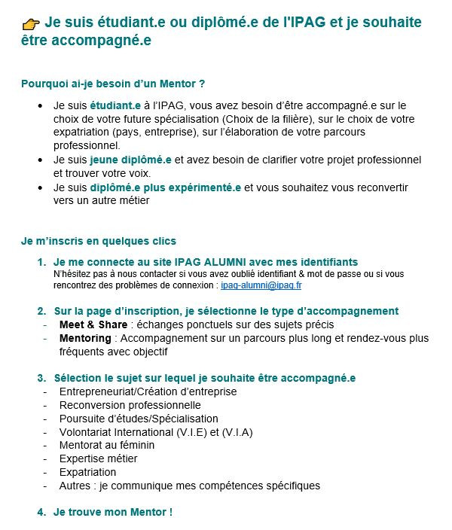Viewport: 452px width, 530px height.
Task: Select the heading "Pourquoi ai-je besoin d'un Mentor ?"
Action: click(x=113, y=83)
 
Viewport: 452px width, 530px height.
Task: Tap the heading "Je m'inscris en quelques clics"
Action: click(x=99, y=241)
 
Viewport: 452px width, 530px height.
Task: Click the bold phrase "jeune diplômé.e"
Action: click(x=131, y=160)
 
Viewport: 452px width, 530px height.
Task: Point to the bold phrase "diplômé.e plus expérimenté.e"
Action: click(x=166, y=187)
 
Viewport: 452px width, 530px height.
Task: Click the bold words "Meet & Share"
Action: click(x=93, y=324)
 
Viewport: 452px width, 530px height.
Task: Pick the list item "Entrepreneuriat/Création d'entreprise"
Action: click(x=148, y=391)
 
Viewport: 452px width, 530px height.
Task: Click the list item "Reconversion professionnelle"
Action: click(x=130, y=405)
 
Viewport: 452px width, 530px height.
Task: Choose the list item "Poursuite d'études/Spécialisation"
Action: click(x=139, y=419)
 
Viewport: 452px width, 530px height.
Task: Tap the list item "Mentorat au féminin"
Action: click(x=107, y=445)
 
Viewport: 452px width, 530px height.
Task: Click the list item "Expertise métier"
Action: click(x=99, y=458)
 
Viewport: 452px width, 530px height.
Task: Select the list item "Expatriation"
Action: click(x=87, y=472)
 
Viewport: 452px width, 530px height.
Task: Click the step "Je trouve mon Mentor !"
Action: click(x=113, y=512)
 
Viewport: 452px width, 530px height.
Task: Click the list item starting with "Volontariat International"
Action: click(x=155, y=432)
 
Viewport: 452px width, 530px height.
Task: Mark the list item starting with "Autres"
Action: click(x=189, y=486)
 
